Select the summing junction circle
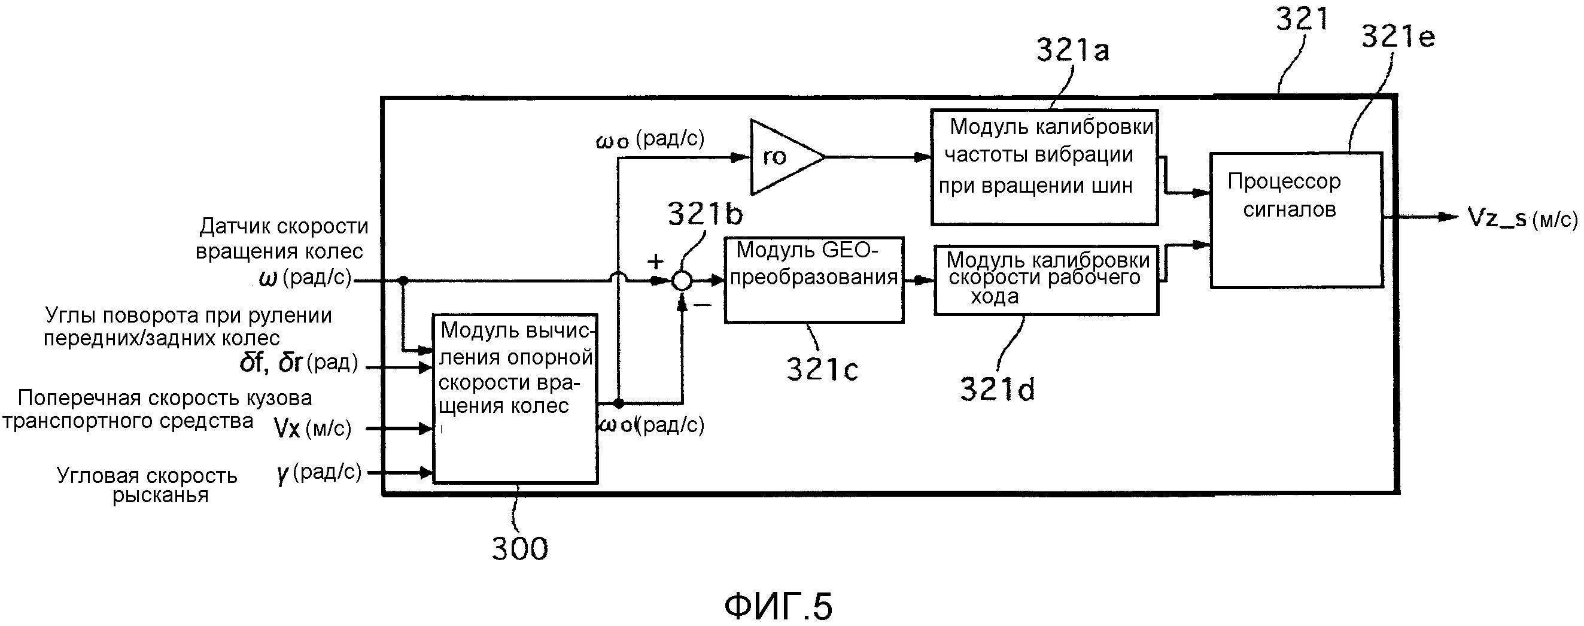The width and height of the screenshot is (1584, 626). click(681, 281)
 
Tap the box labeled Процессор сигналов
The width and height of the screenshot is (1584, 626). click(1296, 220)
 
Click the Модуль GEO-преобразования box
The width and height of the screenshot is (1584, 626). click(813, 280)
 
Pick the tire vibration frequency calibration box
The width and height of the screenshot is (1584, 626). click(1044, 167)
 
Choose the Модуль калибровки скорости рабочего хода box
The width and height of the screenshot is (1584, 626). click(1045, 280)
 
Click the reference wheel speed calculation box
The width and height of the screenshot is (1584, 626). click(515, 398)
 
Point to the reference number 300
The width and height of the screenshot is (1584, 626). click(519, 549)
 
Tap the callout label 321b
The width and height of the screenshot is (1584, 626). click(705, 214)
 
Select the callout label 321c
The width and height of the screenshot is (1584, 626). click(822, 370)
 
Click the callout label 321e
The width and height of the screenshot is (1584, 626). click(1398, 38)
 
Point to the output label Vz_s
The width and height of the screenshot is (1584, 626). click(1497, 218)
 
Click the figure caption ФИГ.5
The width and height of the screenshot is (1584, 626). click(778, 606)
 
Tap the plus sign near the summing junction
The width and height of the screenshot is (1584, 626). click(655, 262)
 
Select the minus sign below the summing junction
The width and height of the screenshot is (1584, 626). click(703, 305)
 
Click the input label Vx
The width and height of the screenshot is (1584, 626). click(287, 428)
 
